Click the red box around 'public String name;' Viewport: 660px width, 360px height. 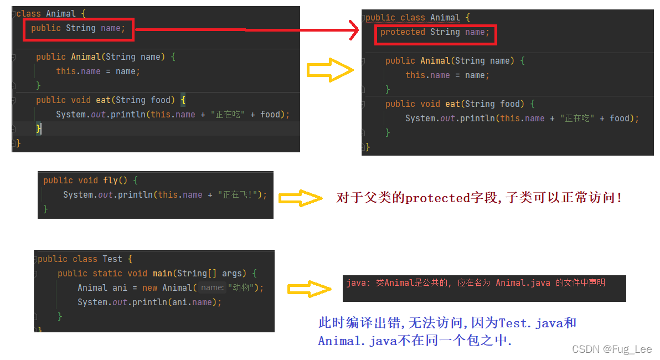[x=79, y=28]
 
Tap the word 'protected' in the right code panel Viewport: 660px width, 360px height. [x=403, y=32]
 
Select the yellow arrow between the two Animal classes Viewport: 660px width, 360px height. [x=329, y=70]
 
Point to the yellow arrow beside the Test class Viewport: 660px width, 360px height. [x=309, y=289]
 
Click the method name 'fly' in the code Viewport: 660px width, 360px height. [x=110, y=181]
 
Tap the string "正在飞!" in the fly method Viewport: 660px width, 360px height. [x=237, y=195]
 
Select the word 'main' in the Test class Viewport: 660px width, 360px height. [x=162, y=273]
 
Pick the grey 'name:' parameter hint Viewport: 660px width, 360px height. [x=212, y=288]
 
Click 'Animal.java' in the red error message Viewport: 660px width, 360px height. [x=523, y=283]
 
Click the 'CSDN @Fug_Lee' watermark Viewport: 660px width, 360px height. [x=611, y=349]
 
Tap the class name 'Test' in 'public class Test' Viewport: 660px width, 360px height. [x=112, y=259]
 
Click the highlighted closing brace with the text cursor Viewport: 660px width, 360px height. [x=39, y=128]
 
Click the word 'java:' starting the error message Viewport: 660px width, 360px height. [x=358, y=283]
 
